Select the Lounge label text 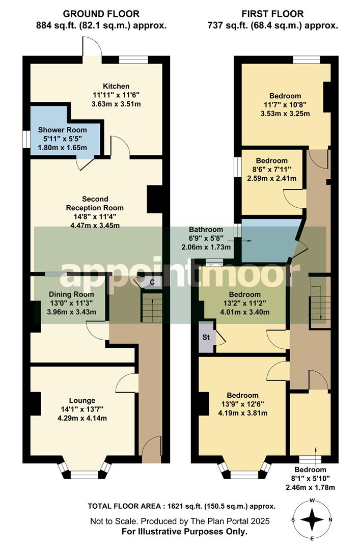click(x=82, y=400)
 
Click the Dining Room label click(x=71, y=294)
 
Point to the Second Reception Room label click(x=95, y=203)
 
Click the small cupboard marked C click(x=152, y=282)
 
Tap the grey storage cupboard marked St click(x=207, y=337)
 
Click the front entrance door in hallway click(x=152, y=450)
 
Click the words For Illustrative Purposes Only click(x=184, y=532)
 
